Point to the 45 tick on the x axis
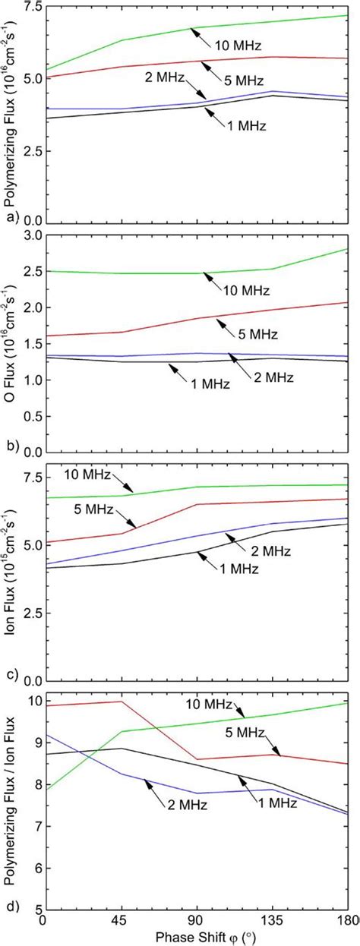tap(122, 920)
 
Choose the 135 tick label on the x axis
tap(273, 920)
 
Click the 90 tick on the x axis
tap(197, 920)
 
